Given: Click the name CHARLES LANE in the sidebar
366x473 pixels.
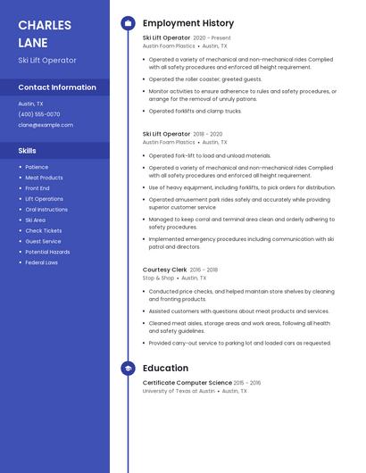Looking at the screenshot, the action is (45, 33).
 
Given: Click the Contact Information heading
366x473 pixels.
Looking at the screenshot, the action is (57, 87).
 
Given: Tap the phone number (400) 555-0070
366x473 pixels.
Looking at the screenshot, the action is (39, 114).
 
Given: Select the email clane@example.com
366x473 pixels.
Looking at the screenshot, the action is (44, 125).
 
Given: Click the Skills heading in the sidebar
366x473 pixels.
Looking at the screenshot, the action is (27, 151).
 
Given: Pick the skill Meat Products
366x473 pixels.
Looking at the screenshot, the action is (44, 178).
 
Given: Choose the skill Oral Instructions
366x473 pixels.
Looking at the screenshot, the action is (46, 210).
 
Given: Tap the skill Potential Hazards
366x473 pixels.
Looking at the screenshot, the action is (47, 252).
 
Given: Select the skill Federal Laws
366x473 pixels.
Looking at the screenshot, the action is (41, 262).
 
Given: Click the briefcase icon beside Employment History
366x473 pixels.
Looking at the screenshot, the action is (128, 23).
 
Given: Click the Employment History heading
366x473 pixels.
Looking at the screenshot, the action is (188, 23).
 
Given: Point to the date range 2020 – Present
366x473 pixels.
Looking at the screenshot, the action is (212, 38).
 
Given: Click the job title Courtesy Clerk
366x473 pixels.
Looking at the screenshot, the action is (165, 270).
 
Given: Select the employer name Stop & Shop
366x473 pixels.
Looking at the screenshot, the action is (158, 278).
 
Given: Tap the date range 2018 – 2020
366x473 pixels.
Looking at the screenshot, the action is (208, 134).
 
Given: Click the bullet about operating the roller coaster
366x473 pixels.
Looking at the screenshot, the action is (205, 79).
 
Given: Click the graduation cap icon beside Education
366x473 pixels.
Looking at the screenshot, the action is (128, 369).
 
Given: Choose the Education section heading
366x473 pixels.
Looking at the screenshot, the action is (165, 369).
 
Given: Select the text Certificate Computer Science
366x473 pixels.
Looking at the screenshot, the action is (187, 383).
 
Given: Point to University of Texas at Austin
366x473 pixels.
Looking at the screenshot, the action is (179, 391).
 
